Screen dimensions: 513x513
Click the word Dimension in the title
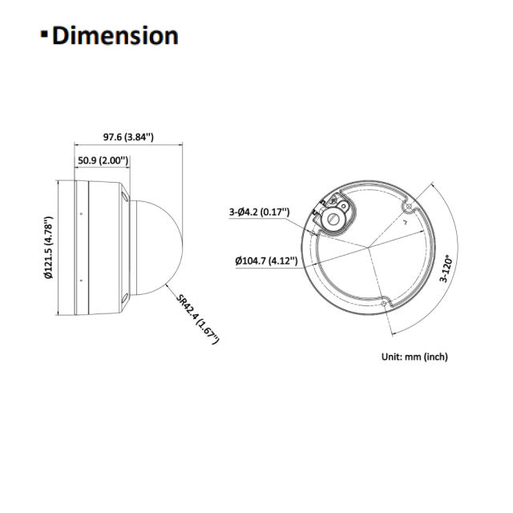point(115,36)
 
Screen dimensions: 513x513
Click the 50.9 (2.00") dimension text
point(103,160)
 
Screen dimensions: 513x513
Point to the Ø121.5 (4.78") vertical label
point(49,248)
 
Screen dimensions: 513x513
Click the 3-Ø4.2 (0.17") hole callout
point(259,212)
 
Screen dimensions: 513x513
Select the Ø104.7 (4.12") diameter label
point(266,261)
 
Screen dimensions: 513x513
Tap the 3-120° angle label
point(446,272)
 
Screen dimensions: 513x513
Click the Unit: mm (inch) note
point(414,357)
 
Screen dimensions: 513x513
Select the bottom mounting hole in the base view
point(383,304)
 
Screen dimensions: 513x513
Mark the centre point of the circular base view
point(370,248)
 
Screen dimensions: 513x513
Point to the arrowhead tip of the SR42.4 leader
point(165,283)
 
